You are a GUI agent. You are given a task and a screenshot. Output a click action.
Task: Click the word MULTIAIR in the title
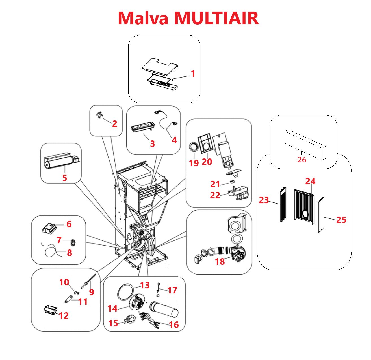click(216, 18)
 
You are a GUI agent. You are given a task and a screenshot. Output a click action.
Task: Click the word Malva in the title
click(143, 18)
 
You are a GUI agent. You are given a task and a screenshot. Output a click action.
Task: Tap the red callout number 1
click(193, 74)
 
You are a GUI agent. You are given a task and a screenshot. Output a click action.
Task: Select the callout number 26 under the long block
click(302, 160)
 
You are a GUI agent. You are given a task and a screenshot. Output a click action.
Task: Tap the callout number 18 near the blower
click(220, 261)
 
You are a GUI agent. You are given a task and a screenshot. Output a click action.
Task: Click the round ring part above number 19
click(194, 147)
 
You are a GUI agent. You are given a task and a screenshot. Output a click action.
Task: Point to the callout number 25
click(341, 220)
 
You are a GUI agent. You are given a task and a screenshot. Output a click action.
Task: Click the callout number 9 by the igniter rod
click(91, 292)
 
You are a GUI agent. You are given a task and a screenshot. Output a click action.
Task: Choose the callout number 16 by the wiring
click(174, 324)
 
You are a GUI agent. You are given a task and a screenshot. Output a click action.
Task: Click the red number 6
click(69, 224)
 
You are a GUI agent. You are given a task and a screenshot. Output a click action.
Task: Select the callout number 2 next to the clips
click(114, 124)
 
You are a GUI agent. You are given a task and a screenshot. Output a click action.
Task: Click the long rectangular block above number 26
click(305, 144)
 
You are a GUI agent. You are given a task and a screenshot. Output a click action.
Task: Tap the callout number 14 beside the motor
click(112, 308)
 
